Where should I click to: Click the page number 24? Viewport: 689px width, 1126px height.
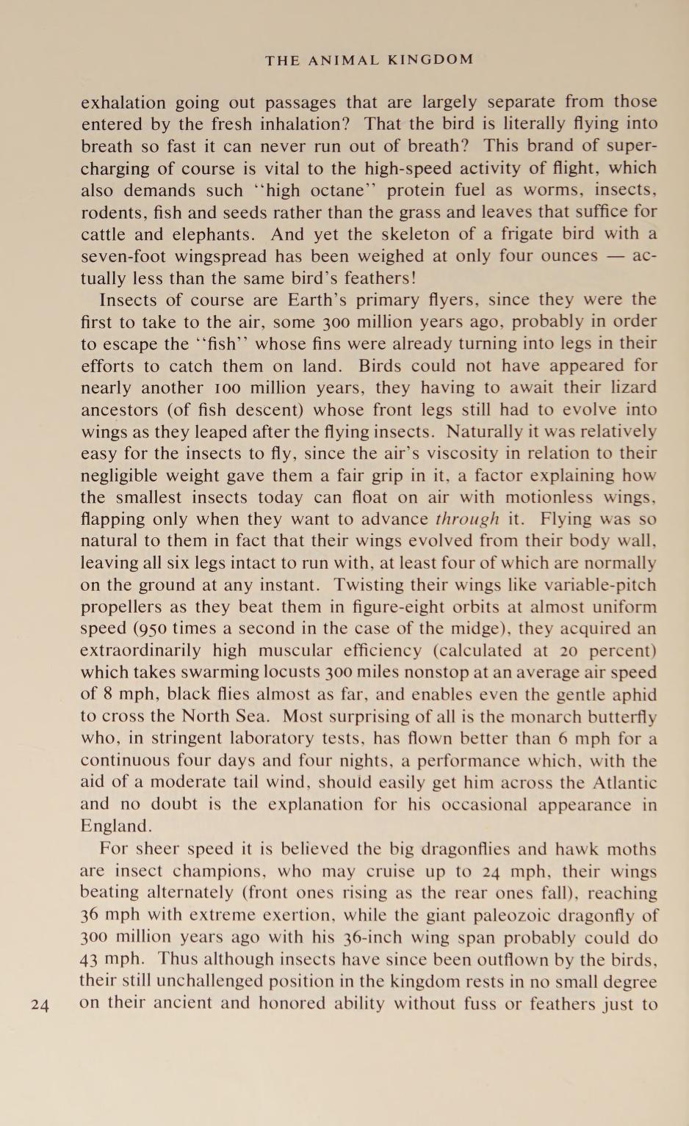[40, 1005]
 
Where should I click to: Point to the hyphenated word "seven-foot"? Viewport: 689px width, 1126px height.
[125, 256]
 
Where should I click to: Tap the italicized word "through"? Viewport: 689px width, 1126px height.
[467, 519]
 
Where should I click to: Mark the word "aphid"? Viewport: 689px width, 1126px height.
[634, 694]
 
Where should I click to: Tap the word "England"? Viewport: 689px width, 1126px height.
[115, 826]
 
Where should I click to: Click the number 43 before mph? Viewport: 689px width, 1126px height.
[90, 959]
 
